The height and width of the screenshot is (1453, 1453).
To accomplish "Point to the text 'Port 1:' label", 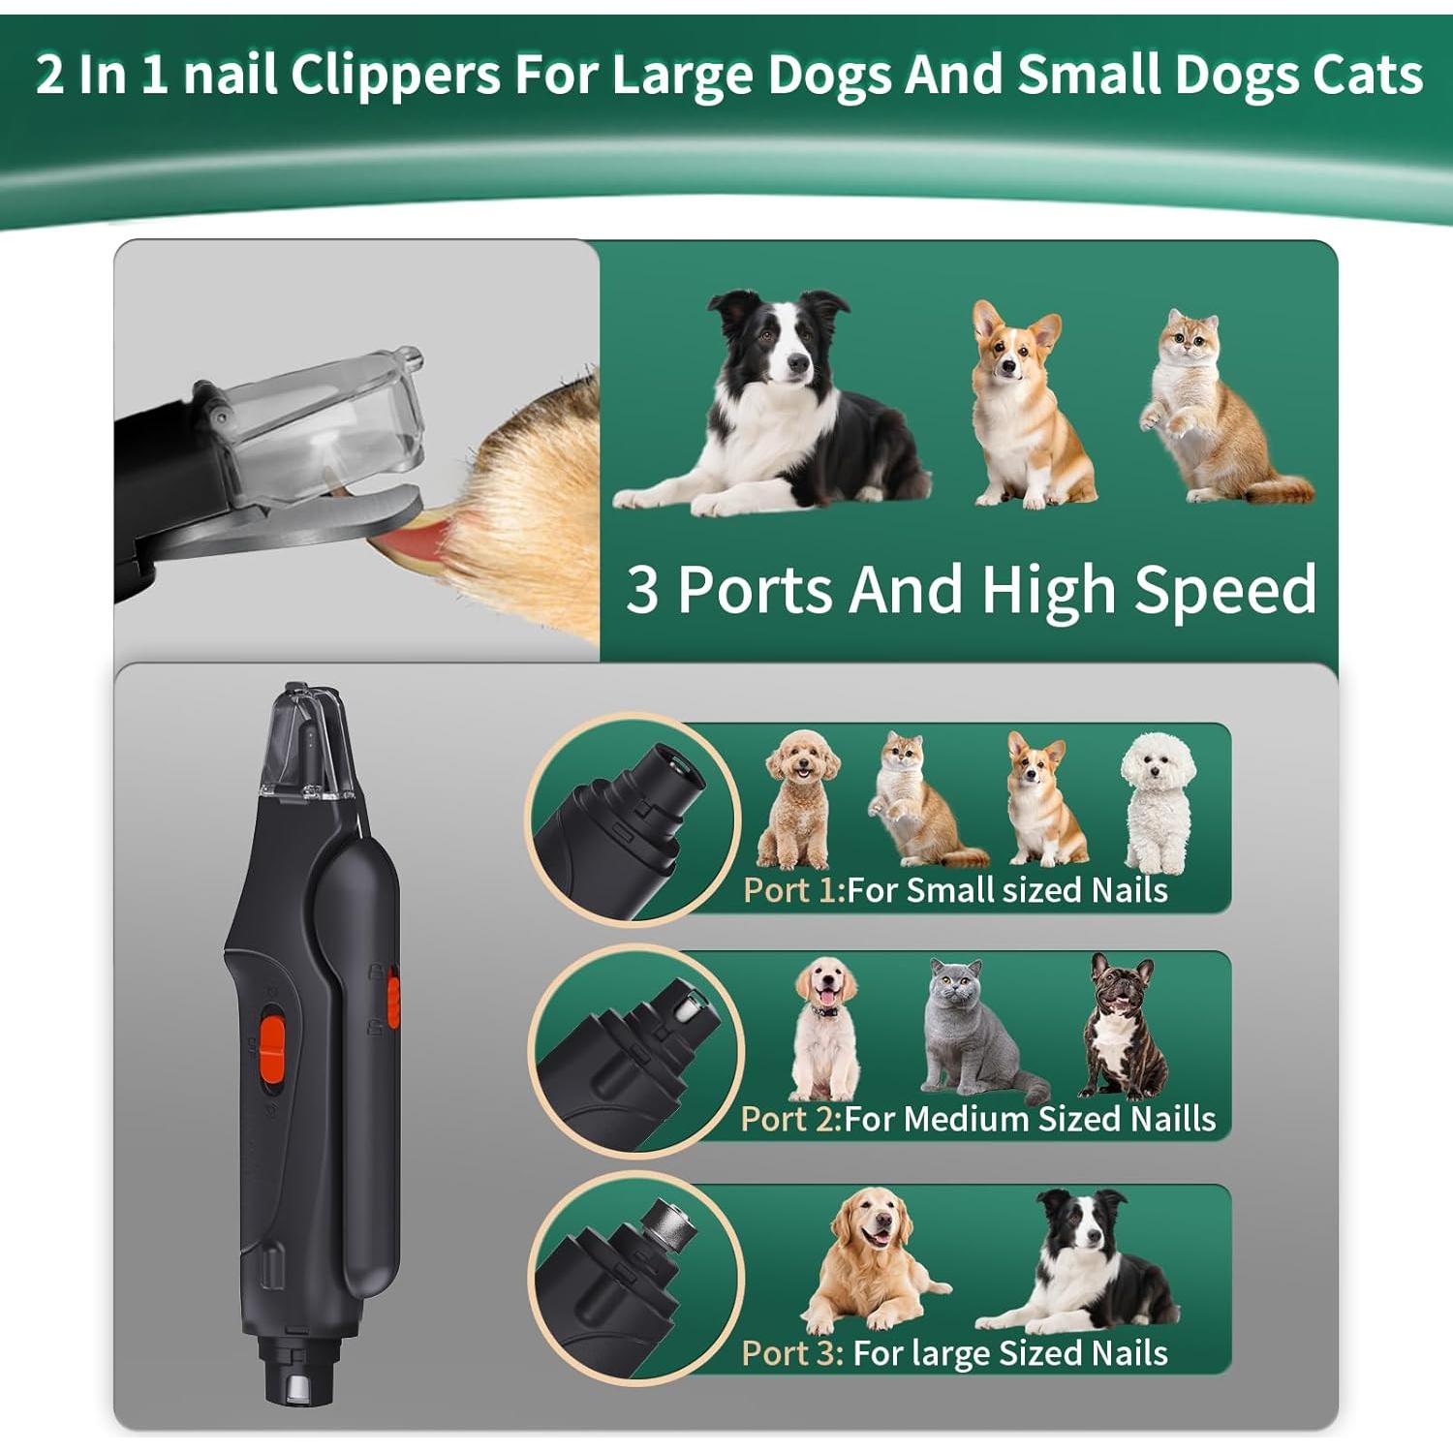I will pos(793,890).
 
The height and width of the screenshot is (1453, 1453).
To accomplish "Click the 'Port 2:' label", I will pos(790,1119).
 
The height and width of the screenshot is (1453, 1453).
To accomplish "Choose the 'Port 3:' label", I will pos(792,1352).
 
